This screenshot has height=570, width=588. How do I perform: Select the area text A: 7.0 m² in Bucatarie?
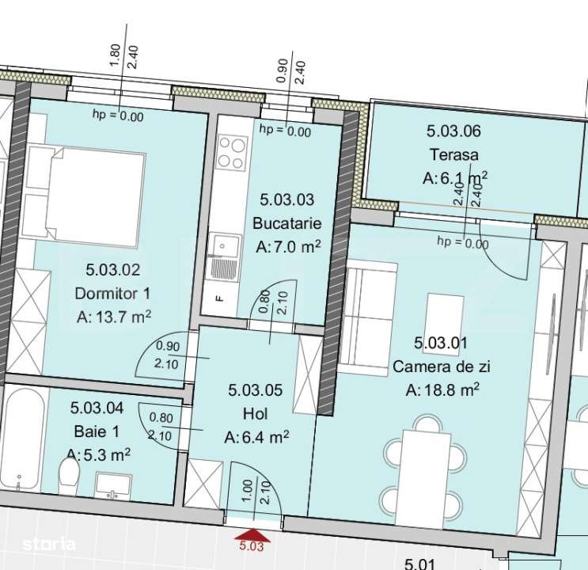289,247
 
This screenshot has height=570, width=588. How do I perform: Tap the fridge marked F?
222,300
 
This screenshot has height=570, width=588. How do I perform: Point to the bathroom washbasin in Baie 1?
114,484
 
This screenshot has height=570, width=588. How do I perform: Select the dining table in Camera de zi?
427,467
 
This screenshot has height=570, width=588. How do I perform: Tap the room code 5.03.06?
454,132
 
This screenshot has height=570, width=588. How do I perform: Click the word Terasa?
454,155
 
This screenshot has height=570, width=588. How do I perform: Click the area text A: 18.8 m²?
443,389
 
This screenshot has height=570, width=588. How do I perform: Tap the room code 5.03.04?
97,408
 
